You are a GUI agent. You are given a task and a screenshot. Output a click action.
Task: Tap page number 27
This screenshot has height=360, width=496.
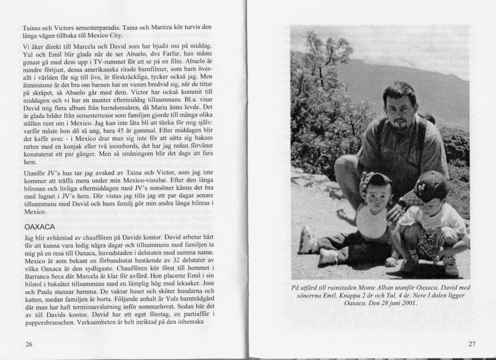pyautogui.click(x=471, y=345)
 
